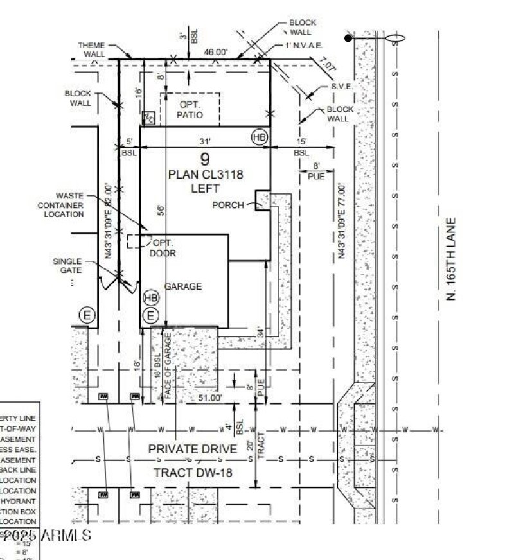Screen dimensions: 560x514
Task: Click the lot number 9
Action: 204,160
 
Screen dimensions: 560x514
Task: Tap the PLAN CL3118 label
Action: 204,174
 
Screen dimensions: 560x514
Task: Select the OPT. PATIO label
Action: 191,110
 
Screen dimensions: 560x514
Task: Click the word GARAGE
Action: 183,286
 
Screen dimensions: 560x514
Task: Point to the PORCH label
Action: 228,205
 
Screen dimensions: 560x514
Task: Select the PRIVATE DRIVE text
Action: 193,448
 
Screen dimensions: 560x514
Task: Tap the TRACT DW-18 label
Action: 192,473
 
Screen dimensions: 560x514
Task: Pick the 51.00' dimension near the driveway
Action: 209,398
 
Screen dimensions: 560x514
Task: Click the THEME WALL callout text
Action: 91,50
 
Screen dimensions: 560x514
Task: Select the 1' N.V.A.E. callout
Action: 304,46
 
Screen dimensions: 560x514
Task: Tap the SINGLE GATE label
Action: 67,265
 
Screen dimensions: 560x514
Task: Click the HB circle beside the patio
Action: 260,137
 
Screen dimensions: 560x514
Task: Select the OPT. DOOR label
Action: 163,248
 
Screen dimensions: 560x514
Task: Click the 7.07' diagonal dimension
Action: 327,65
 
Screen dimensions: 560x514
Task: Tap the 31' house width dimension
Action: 204,142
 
